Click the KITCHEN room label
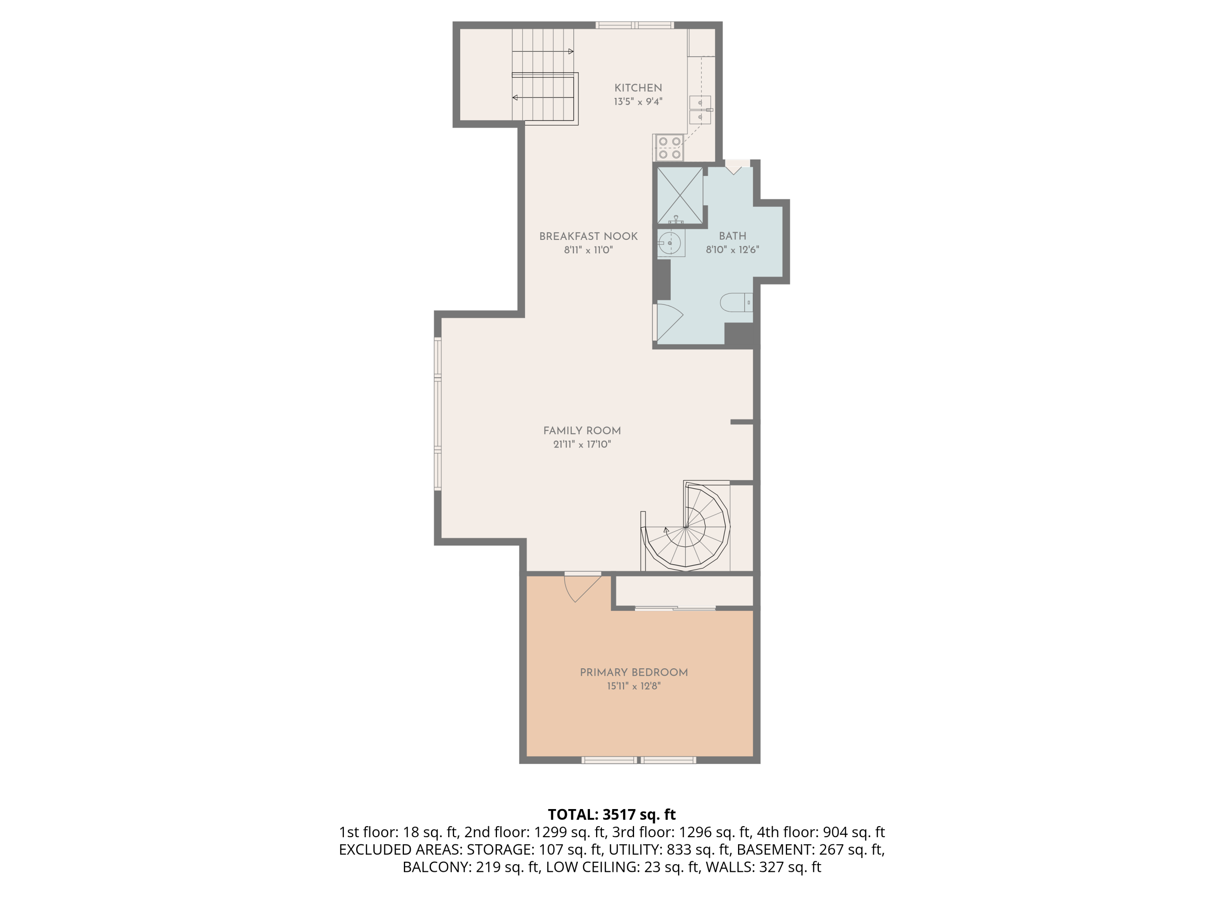(x=638, y=88)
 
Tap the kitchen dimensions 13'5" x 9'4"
(x=638, y=102)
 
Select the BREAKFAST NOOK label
(x=588, y=236)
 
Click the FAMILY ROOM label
(x=582, y=430)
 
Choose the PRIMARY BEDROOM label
(x=634, y=672)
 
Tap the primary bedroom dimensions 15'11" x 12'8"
(x=634, y=686)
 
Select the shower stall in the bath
(x=679, y=195)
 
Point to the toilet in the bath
(x=736, y=303)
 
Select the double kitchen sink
(x=700, y=110)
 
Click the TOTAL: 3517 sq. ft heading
(x=612, y=814)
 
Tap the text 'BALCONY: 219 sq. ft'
(x=470, y=867)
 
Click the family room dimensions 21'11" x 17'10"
(x=582, y=444)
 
